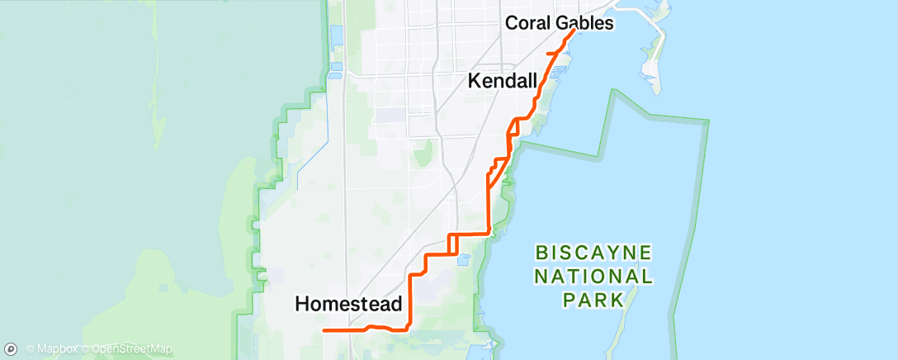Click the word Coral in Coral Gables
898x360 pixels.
pos(529,23)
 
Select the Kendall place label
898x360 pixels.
pos(503,81)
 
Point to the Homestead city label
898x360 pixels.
pos(348,304)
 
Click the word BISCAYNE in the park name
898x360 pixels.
pos(593,251)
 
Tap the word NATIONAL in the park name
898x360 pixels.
pos(593,276)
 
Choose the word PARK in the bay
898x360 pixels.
pos(593,301)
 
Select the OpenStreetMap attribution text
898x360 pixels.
pos(132,349)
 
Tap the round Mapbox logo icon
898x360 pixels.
pos(11,349)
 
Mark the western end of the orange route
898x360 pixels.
pos(324,330)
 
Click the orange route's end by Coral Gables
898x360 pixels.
pos(573,31)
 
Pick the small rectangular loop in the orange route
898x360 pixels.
pos(453,244)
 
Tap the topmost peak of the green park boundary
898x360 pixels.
pos(614,89)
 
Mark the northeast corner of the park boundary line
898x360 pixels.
pos(708,121)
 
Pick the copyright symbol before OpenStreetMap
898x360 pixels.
pos(86,349)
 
